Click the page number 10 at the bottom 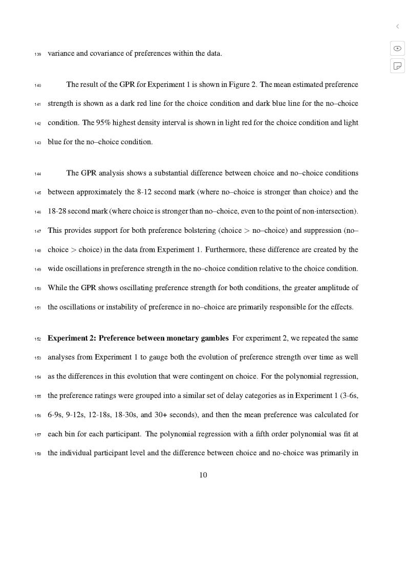pos(203,475)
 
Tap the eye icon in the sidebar pos(397,49)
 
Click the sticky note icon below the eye pos(397,66)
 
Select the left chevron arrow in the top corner pos(397,27)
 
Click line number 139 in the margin pos(38,54)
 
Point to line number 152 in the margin pos(38,339)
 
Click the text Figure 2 pos(242,84)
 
